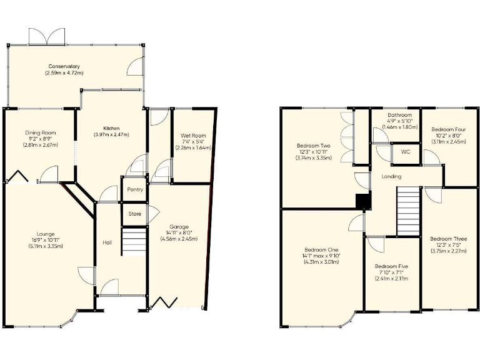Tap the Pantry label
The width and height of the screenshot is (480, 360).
(135, 189)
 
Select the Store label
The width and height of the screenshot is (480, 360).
(135, 214)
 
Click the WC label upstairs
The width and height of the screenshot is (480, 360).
(405, 152)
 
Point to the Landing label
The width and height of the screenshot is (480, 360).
(392, 177)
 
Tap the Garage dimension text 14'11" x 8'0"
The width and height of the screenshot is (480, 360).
(179, 232)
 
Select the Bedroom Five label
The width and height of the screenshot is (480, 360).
(391, 266)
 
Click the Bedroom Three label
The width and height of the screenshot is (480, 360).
(448, 239)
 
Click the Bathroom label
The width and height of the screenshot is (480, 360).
(399, 116)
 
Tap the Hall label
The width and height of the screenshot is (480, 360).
(107, 242)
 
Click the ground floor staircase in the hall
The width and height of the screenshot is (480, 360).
(133, 241)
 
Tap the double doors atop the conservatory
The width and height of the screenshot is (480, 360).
(49, 36)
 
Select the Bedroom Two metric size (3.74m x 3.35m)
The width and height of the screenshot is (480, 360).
(312, 158)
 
